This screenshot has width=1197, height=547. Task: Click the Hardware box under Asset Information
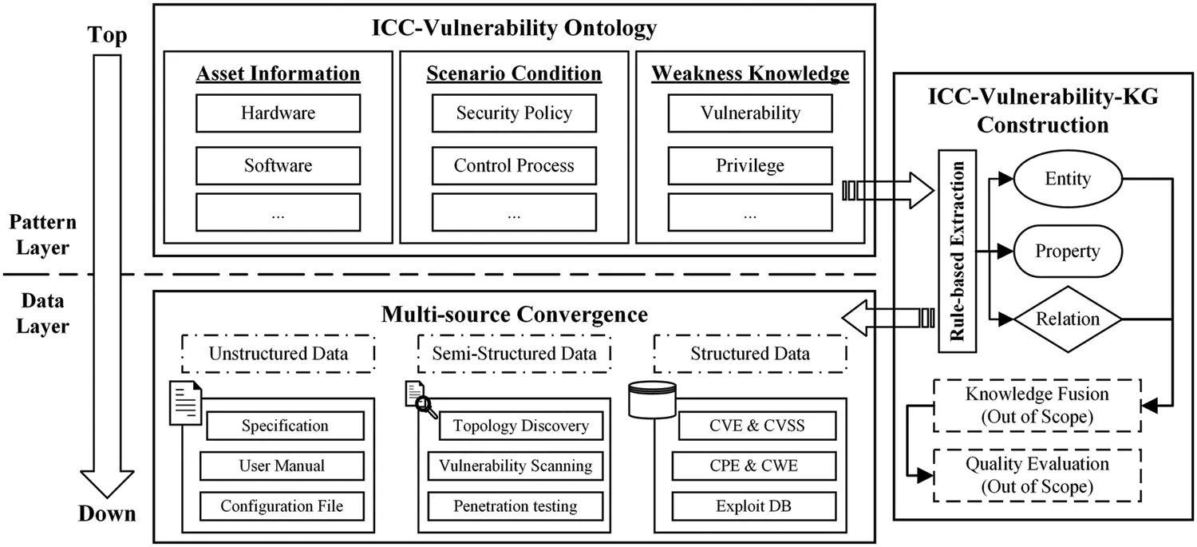(278, 113)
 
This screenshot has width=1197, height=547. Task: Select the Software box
(278, 166)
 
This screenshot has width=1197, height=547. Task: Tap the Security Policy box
(514, 113)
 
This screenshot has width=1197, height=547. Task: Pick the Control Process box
(514, 166)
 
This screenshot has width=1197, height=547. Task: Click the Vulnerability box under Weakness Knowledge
(749, 113)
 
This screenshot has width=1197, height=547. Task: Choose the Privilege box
(749, 166)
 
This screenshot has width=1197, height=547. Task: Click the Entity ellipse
(1067, 179)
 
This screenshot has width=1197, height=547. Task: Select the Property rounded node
(1067, 252)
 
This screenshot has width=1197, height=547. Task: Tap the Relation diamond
(1067, 319)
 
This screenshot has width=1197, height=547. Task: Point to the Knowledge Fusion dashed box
(1036, 405)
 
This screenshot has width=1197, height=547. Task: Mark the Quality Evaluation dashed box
(1036, 474)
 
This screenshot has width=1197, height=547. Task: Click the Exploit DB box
(753, 505)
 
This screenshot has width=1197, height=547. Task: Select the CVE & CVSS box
(753, 426)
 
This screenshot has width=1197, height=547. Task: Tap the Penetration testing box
(515, 505)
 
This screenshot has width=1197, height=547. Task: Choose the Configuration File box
(282, 505)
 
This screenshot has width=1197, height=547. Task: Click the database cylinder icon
(651, 400)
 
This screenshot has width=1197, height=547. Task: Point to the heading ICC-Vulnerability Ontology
(514, 29)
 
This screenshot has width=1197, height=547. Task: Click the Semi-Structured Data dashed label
(514, 354)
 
